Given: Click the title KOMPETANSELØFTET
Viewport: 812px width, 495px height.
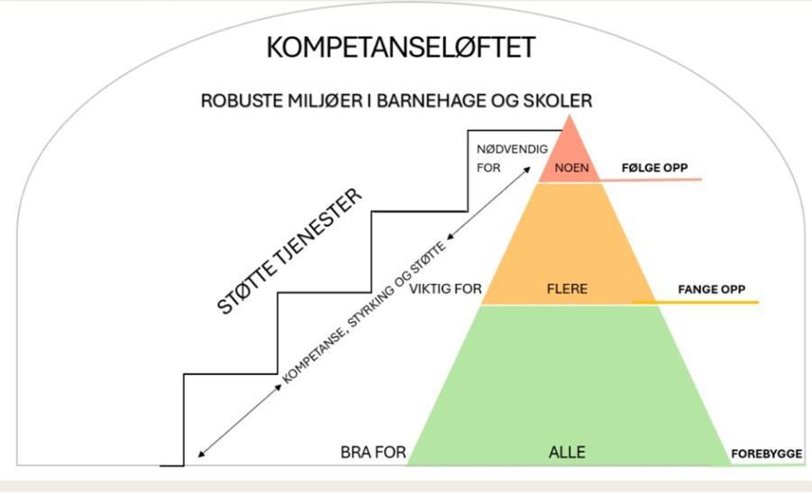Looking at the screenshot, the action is coord(401,48).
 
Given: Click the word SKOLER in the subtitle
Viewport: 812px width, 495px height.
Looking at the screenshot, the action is coord(558,101).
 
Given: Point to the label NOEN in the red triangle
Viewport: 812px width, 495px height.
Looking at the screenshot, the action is coord(571,168).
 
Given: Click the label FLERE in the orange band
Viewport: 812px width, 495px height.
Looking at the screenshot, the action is coord(567,289).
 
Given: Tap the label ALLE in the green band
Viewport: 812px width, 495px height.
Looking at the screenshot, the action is coord(567,452).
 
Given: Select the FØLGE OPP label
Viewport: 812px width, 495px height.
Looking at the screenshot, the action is coord(654,168).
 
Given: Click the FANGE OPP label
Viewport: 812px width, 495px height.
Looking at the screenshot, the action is coord(712,289).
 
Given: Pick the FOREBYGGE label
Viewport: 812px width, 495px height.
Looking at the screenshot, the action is coord(766,454).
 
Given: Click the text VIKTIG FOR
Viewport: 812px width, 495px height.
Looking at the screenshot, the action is coord(445,289).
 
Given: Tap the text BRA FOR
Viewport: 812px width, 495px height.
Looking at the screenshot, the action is coord(373,453).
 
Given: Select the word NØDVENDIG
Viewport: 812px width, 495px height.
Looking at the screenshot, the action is coord(512,150).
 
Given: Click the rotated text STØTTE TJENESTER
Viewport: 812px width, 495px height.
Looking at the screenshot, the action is coord(289,252).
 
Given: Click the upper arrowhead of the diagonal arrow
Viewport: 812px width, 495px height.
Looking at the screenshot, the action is coord(527,170).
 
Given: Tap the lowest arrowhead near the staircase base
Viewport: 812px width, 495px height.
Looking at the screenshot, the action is coord(202,454).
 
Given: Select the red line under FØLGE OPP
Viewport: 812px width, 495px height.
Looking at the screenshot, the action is coord(651,179).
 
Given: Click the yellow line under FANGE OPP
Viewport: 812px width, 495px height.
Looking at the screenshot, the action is coord(696,302).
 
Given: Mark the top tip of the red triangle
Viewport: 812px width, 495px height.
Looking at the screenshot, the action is coord(570,115).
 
